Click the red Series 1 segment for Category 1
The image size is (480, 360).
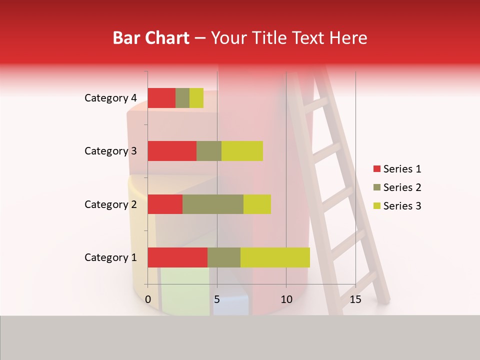coord(177,257)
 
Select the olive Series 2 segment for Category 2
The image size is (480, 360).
coord(213,204)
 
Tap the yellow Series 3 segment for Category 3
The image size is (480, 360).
coord(242,151)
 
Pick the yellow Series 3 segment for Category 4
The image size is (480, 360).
coord(196,98)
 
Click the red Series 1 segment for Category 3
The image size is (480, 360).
coord(172,151)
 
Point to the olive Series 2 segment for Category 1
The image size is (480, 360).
coord(224,257)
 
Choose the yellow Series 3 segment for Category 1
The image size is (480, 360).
coord(275,257)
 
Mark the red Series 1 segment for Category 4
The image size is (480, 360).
coord(161,98)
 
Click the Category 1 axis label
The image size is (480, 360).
coord(110,257)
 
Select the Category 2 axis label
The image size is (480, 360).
coord(110,204)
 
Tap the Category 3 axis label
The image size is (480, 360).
coord(110,151)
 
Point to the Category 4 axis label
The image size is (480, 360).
coord(110,98)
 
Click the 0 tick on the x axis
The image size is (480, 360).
coord(148,299)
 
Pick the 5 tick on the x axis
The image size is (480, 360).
coord(217,299)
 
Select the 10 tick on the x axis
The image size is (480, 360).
coord(286,299)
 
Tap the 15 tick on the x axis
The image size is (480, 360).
coord(355,299)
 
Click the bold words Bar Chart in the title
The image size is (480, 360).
coord(150,38)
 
